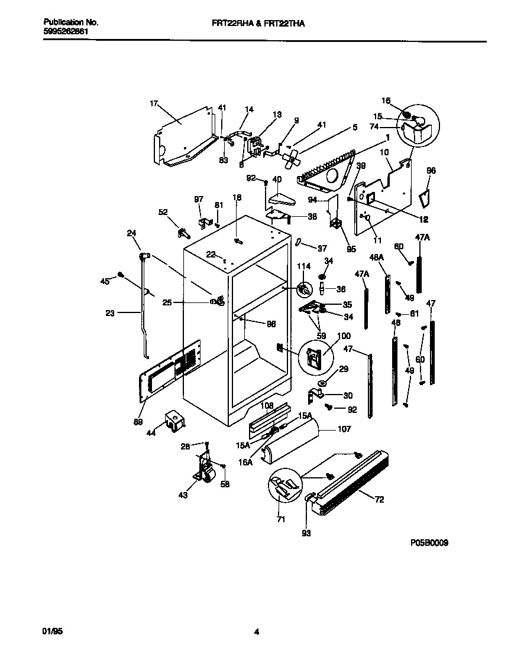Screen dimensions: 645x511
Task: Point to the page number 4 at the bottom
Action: [x=257, y=631]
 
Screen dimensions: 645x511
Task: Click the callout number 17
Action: [x=154, y=104]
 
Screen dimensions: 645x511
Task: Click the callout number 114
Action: [x=303, y=266]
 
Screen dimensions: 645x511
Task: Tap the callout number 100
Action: [x=327, y=336]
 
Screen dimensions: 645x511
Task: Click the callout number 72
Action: [x=379, y=500]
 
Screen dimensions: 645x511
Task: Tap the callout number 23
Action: [x=110, y=313]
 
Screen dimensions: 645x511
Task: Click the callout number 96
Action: [x=431, y=171]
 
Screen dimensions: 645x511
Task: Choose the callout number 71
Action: [x=281, y=519]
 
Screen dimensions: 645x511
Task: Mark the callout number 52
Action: [x=163, y=211]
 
